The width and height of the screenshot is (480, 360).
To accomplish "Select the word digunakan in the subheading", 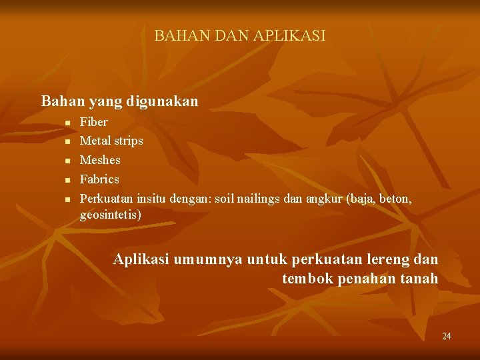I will click(x=167, y=101).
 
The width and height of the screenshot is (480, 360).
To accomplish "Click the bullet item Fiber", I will click(x=93, y=123).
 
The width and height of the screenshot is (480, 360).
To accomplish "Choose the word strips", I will click(x=128, y=141).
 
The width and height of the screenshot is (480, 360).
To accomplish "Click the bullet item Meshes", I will click(x=100, y=160).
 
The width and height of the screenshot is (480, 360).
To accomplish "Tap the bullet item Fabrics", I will click(x=99, y=179).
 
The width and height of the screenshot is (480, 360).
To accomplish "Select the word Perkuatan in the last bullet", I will click(x=107, y=198).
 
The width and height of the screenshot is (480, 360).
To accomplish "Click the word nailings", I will click(x=262, y=198).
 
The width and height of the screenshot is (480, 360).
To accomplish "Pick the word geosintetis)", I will click(x=111, y=215).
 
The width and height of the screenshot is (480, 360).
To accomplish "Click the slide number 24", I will click(x=447, y=336).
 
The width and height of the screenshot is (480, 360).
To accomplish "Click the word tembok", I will click(x=308, y=278).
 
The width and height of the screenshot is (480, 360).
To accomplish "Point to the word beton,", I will click(x=396, y=198).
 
